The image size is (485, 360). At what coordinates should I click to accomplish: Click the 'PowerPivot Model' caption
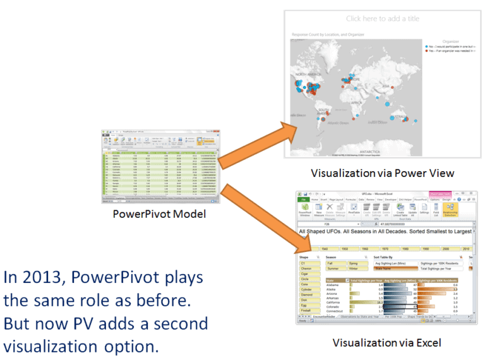point(159,214)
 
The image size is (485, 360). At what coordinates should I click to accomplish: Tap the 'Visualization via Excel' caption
point(386,343)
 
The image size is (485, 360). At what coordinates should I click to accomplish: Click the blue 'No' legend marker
point(427,47)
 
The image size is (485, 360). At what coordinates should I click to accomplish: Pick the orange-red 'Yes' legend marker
point(427,52)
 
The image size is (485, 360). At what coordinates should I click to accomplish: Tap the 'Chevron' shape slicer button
point(306,269)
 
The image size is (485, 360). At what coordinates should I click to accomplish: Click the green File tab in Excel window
point(303,200)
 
